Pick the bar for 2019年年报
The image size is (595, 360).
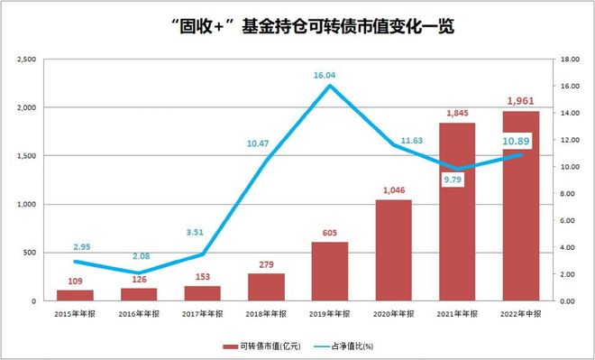(x=330, y=271)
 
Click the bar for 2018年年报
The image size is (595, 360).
(x=266, y=287)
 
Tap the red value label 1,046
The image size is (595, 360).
(x=393, y=189)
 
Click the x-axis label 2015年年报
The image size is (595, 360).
(x=75, y=314)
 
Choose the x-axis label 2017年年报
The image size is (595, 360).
(x=202, y=314)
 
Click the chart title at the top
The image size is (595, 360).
(x=298, y=27)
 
